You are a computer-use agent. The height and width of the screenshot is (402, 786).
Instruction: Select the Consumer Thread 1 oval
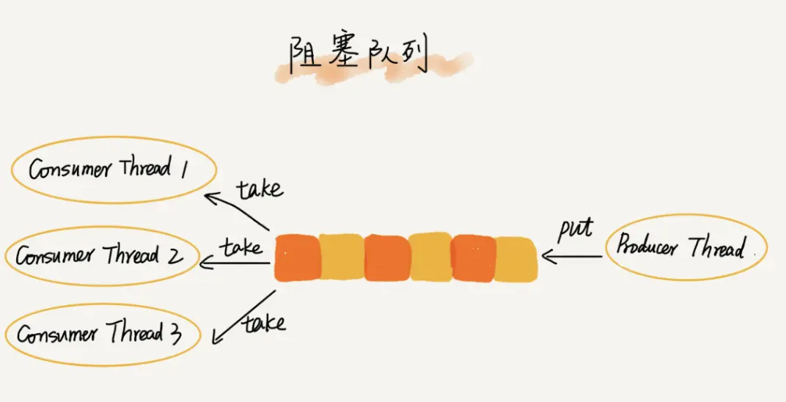[x=114, y=169]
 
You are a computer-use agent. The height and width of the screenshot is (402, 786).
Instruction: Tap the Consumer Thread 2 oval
[x=103, y=257]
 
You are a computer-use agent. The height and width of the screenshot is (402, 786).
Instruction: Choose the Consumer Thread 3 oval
[x=103, y=335]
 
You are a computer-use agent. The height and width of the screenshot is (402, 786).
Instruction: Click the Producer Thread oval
[x=686, y=246]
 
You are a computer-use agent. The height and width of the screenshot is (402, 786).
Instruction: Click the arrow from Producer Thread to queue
[x=572, y=257]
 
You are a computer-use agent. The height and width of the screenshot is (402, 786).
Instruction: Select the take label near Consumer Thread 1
[x=260, y=189]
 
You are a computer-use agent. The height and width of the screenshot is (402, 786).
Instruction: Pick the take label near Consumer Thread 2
[x=243, y=247]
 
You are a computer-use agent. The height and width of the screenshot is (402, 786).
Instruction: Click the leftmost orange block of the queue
[x=297, y=257]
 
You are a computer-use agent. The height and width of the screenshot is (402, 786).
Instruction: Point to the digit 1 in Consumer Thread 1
[x=186, y=168]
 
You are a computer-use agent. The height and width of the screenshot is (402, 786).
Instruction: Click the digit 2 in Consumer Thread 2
[x=176, y=256]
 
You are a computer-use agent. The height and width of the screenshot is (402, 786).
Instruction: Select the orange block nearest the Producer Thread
[x=473, y=258]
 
